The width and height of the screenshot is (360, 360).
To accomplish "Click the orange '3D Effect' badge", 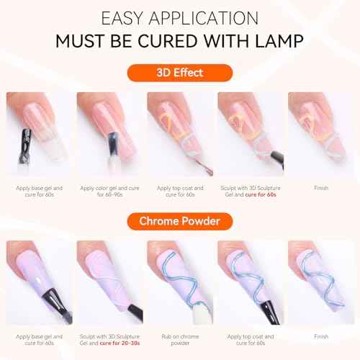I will coord(180,73).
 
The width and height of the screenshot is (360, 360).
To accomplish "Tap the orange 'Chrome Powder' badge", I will coord(180,220).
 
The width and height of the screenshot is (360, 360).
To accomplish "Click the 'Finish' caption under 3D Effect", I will coord(320,188).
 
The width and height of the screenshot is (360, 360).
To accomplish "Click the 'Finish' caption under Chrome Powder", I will coord(320,336).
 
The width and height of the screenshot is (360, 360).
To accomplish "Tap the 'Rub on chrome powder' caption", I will coord(180,338).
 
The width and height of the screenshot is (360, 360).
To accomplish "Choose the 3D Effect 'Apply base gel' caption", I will coord(40,191).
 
